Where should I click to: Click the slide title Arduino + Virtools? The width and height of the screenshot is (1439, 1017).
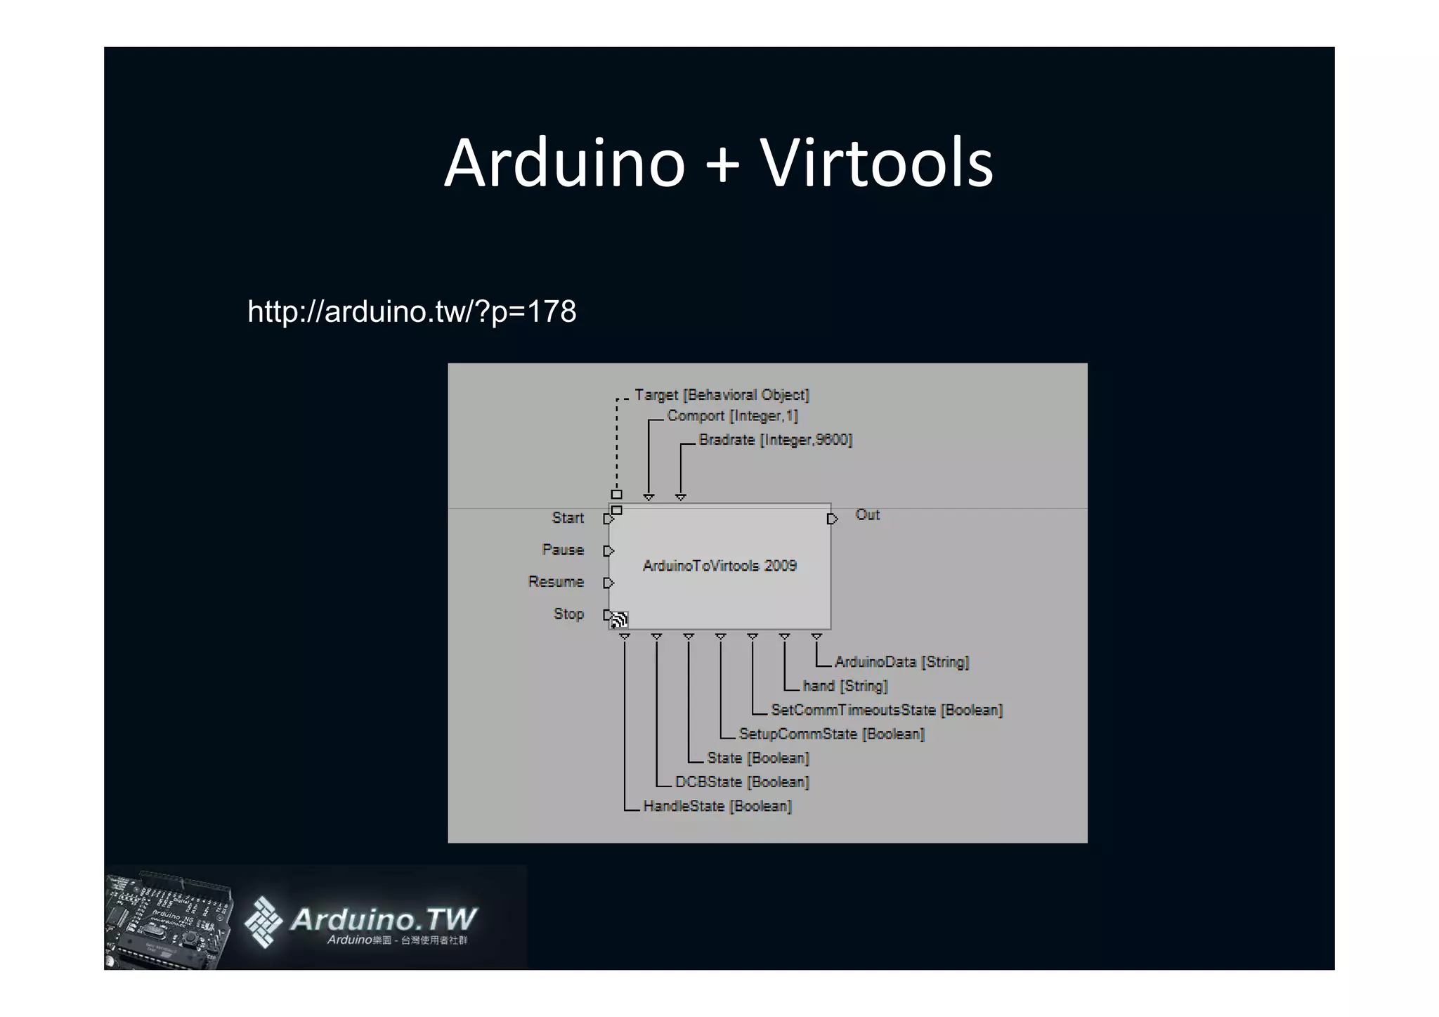click(x=719, y=163)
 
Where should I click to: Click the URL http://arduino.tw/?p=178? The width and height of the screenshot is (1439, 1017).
click(x=412, y=311)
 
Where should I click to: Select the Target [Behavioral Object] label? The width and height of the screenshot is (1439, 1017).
click(x=722, y=395)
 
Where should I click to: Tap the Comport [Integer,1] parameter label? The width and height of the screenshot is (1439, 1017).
click(x=732, y=416)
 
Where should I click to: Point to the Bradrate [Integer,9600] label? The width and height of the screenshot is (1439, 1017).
click(x=775, y=440)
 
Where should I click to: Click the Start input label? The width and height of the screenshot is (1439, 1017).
click(x=568, y=518)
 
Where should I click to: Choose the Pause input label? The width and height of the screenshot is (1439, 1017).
click(x=563, y=550)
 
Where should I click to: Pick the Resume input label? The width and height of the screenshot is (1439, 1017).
click(x=556, y=582)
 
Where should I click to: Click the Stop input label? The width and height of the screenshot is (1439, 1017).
click(x=568, y=614)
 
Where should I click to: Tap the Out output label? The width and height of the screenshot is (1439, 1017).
click(x=867, y=514)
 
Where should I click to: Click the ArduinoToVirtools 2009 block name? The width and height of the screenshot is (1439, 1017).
click(x=719, y=566)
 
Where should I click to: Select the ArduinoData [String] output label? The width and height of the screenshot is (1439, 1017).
click(x=901, y=662)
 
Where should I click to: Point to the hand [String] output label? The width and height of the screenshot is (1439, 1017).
click(x=845, y=686)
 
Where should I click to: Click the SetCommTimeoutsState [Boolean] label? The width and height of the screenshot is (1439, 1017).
click(x=887, y=710)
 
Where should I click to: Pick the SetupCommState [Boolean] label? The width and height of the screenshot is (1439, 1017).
click(x=831, y=734)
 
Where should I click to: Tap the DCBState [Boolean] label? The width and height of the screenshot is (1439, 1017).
click(x=742, y=782)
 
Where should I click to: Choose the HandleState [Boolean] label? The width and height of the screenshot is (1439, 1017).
click(x=717, y=806)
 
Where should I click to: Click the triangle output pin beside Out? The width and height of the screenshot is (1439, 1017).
click(x=832, y=519)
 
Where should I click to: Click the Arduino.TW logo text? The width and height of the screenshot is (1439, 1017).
click(x=383, y=919)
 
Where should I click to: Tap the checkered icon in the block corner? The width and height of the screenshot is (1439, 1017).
click(x=619, y=619)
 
